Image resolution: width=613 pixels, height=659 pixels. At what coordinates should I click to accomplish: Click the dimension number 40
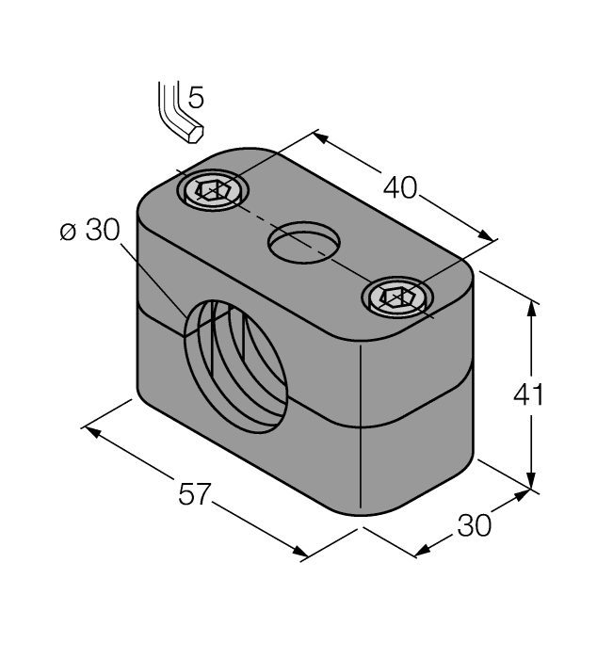pyautogui.click(x=400, y=187)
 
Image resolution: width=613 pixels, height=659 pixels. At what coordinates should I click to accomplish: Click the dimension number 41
pyautogui.click(x=528, y=395)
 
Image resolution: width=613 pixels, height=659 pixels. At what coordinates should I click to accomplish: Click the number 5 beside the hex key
pyautogui.click(x=196, y=96)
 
